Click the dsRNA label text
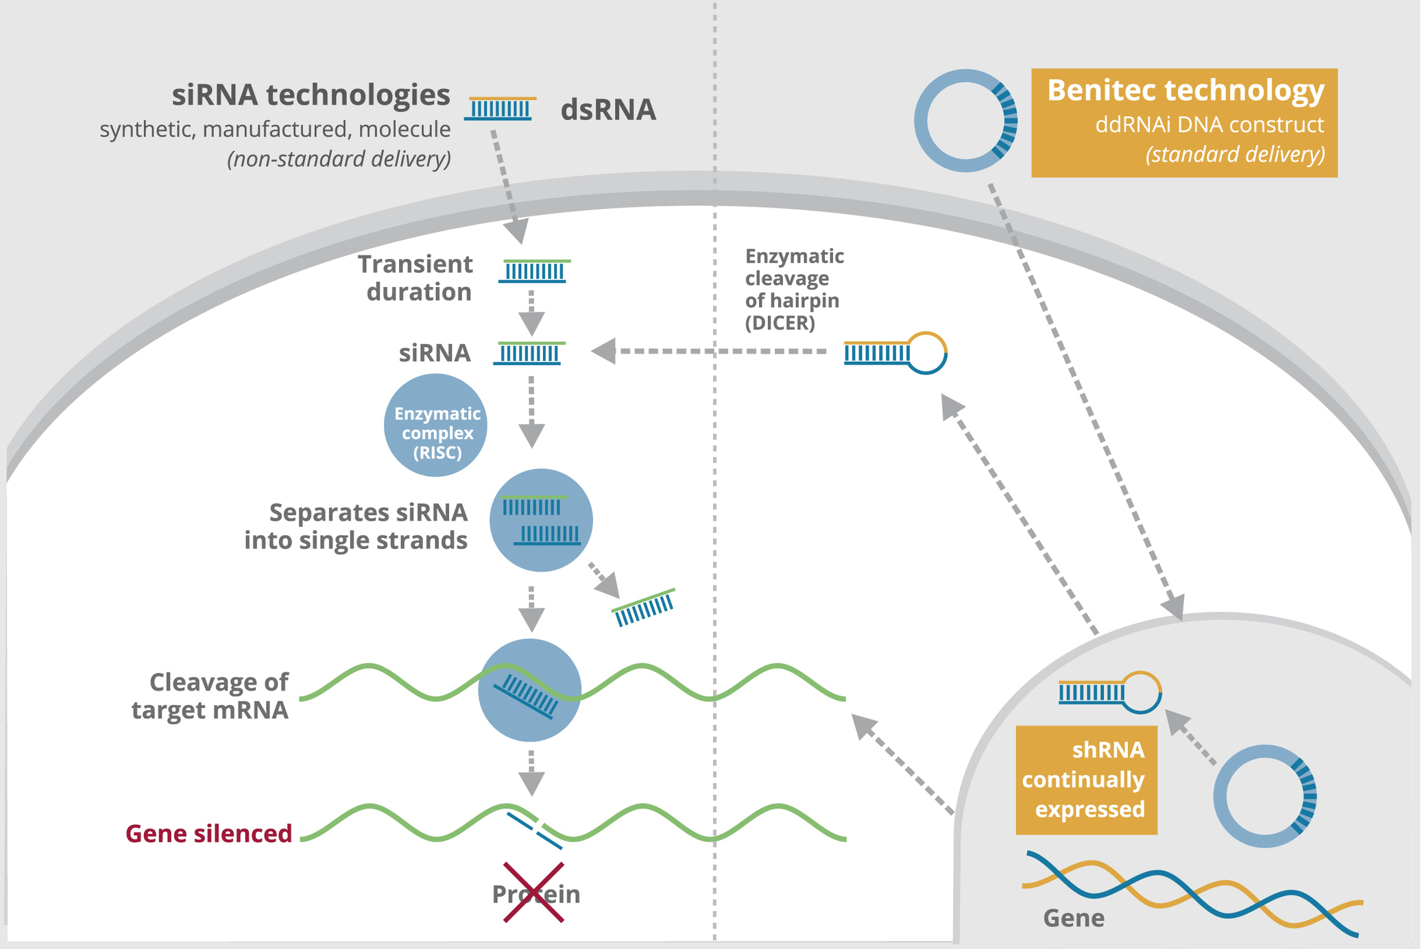pos(607,110)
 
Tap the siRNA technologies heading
pos(311,95)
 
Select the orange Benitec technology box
pos(1184,123)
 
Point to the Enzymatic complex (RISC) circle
pos(435,426)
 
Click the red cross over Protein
pos(533,892)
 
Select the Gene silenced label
pos(209,833)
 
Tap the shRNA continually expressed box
pos(1086,780)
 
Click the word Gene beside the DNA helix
pos(1073,917)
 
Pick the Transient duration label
pos(415,278)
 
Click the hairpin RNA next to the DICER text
pos(895,353)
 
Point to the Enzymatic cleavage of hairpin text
pos(794,288)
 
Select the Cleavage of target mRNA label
pos(210,695)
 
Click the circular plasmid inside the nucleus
pos(1264,796)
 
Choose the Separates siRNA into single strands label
pos(357,526)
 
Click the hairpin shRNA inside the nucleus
pos(1109,693)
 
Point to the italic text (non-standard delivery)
pos(339,159)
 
